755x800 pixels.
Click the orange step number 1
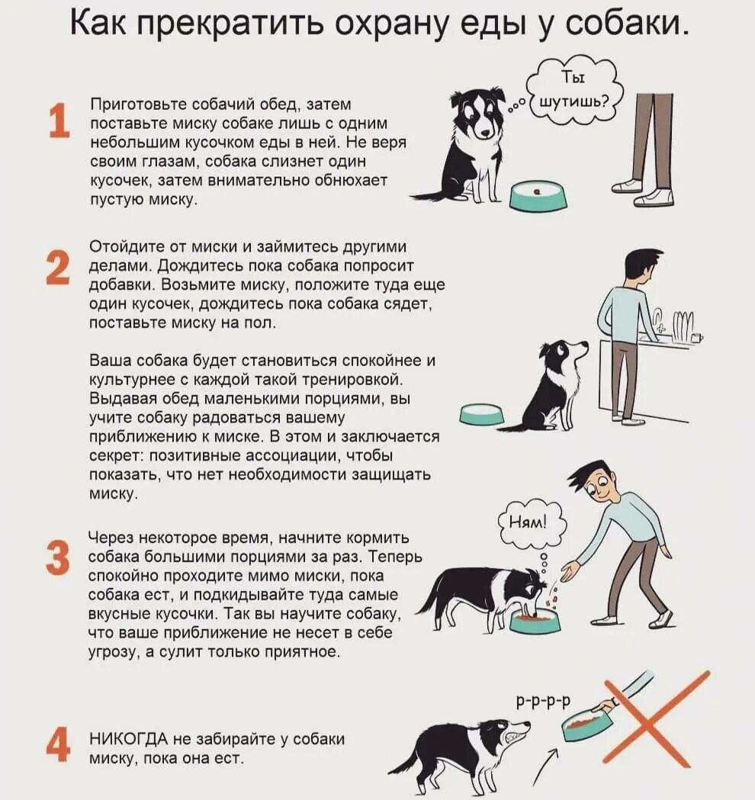coord(59,121)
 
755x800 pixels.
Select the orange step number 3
coord(57,558)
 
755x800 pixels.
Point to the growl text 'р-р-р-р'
coord(543,702)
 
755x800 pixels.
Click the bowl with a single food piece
coord(538,196)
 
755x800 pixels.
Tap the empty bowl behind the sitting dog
coord(481,414)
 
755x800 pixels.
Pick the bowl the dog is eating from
coord(535,621)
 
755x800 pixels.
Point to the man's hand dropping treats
coord(570,571)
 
